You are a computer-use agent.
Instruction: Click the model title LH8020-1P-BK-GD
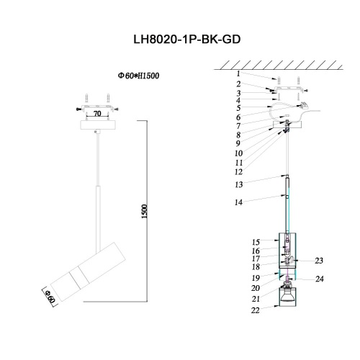click(179, 41)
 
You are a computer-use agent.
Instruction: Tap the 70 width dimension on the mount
click(97, 113)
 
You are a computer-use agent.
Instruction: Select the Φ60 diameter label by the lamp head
click(48, 295)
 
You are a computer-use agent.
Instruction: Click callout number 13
click(238, 184)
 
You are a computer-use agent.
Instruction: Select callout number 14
click(238, 204)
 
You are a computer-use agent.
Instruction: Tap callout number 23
click(319, 261)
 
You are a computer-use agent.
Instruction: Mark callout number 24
click(319, 279)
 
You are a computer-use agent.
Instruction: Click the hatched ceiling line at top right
click(288, 66)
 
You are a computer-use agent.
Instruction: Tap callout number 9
click(238, 143)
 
